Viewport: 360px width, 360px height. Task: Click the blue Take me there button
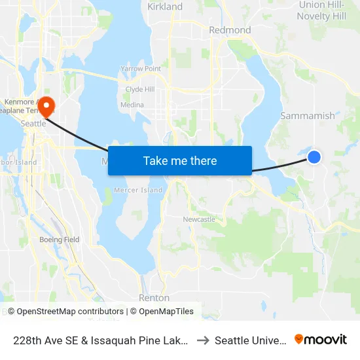(x=180, y=160)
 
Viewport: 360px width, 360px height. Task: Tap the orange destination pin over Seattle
(x=46, y=105)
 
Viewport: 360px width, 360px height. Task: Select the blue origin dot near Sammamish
(x=314, y=156)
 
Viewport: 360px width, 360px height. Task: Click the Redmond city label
(x=230, y=30)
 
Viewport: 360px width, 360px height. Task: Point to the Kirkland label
(x=165, y=7)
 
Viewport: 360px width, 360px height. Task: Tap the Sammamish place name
(x=308, y=116)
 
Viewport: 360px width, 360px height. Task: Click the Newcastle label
(x=199, y=219)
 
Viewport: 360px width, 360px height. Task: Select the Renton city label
(x=154, y=298)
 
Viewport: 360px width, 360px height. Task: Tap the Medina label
(x=132, y=105)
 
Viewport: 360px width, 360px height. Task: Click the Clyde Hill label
(x=140, y=90)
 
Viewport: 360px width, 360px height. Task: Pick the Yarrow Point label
(x=141, y=69)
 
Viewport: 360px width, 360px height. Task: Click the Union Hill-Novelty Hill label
(x=321, y=10)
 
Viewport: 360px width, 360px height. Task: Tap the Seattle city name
(x=34, y=123)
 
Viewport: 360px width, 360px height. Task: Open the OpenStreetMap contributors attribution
(x=70, y=312)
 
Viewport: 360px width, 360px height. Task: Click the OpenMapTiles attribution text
(x=165, y=312)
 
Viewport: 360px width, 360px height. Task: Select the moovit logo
(x=321, y=340)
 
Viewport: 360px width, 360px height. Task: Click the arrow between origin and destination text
(x=202, y=340)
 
